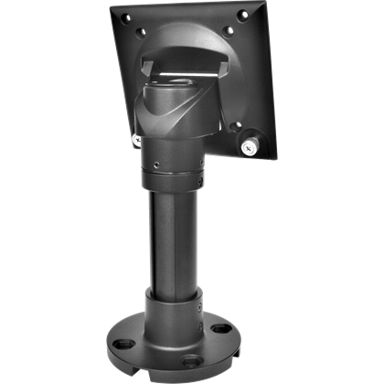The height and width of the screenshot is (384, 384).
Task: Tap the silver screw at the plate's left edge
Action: point(135,139)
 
